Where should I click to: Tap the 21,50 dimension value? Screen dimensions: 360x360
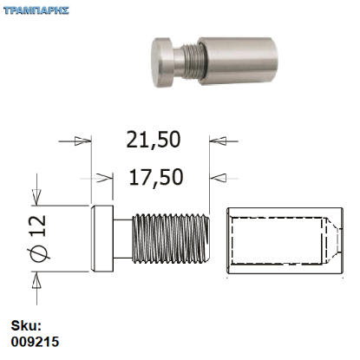pos(154,140)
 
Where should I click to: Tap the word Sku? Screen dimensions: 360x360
pos(27,327)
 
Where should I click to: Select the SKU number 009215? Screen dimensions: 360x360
pos(36,342)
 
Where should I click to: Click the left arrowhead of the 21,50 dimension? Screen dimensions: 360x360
pos(82,140)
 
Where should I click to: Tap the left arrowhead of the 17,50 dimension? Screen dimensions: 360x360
pos(104,178)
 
